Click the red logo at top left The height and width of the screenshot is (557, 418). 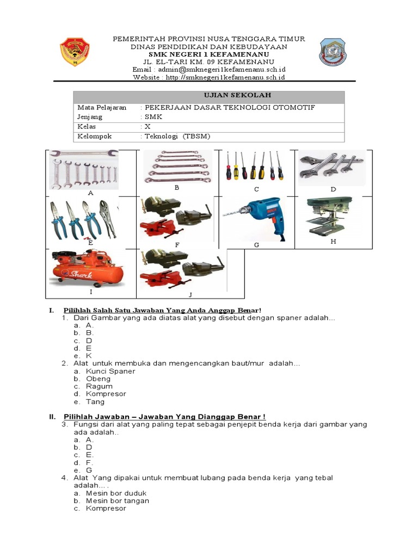point(75,52)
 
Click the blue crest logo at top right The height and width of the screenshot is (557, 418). point(331,52)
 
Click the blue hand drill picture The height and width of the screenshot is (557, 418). point(255,218)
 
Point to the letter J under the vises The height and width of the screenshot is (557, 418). point(190,295)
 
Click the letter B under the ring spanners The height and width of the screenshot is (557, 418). point(176,188)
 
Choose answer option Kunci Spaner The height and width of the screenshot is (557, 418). point(110,371)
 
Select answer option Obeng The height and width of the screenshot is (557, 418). point(98,379)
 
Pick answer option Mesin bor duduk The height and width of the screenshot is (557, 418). point(116,493)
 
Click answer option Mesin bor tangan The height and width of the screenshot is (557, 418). point(118,500)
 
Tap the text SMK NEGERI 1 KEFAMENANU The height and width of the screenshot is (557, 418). point(208,55)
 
